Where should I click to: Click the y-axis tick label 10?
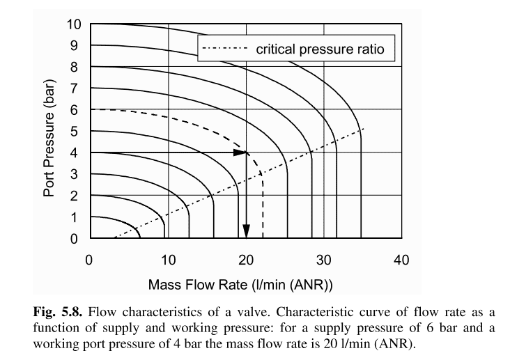[74, 25]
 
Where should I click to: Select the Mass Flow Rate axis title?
[240, 285]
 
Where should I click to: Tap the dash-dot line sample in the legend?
[224, 49]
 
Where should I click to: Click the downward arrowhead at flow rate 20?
[245, 233]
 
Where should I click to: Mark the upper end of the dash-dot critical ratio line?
[363, 128]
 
